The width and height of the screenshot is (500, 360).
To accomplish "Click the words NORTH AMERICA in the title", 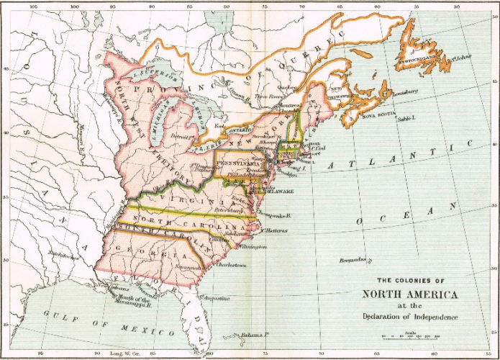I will tap(409, 293).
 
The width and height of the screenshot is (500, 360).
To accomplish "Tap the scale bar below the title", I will tap(412, 336).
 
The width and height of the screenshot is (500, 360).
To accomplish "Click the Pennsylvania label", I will tap(230, 163).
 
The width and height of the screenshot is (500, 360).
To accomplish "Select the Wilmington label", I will tap(251, 247).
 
